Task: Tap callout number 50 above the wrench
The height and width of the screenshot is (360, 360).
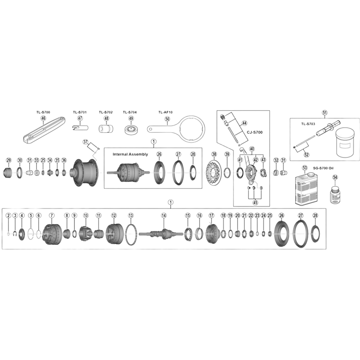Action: [167, 119]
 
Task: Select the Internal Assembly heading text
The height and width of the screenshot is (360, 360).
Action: [130, 154]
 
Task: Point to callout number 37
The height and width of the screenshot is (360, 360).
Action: [86, 142]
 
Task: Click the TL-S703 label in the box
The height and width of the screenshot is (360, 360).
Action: [309, 122]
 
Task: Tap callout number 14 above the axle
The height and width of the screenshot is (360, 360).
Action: [164, 216]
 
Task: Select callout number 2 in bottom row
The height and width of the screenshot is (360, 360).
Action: [8, 216]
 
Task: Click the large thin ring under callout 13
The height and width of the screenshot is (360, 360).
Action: [131, 234]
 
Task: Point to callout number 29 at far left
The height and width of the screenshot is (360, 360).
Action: [8, 160]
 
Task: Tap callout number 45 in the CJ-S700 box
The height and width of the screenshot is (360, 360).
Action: [255, 202]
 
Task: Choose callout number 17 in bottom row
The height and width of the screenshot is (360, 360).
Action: [211, 216]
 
